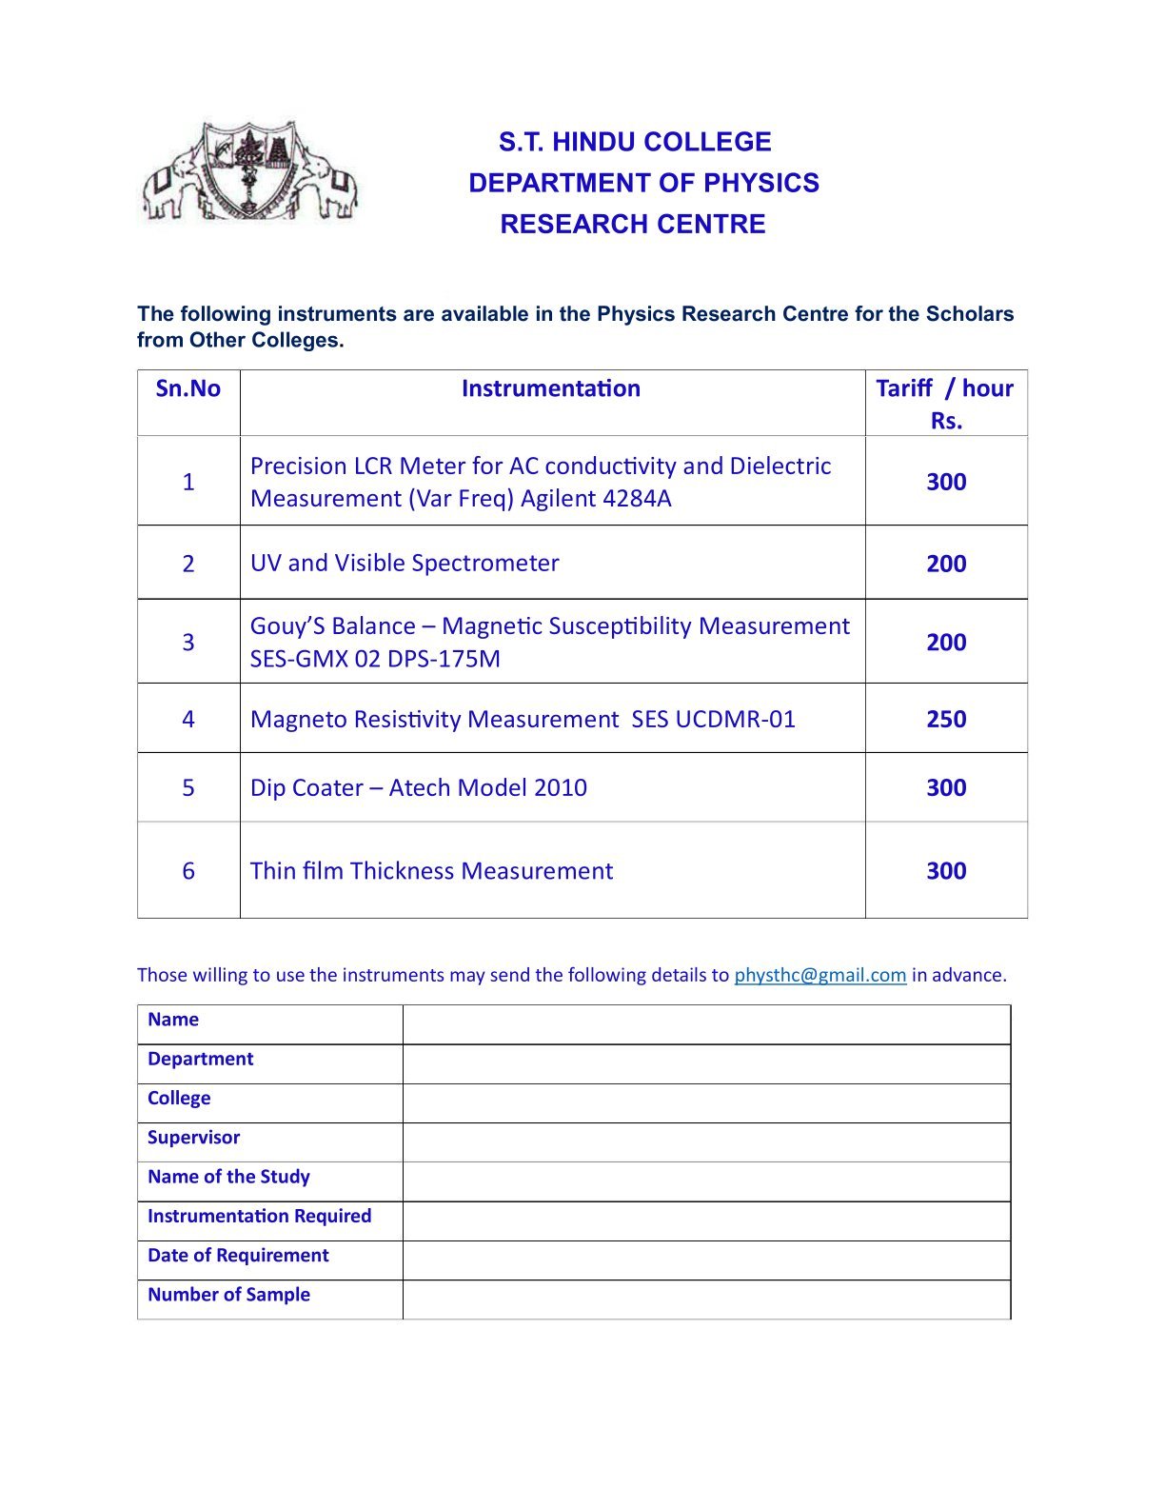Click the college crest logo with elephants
click(x=249, y=172)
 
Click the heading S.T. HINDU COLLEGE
click(x=635, y=142)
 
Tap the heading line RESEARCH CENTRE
click(x=633, y=224)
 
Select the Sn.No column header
click(x=188, y=388)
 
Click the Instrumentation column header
click(x=551, y=388)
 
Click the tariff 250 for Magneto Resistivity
click(x=946, y=719)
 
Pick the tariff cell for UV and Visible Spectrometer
click(x=946, y=564)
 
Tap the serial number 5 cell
click(x=188, y=787)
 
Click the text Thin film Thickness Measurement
click(x=431, y=871)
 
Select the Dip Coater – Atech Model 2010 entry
click(x=419, y=787)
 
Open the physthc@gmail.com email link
click(x=819, y=975)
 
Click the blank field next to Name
click(x=706, y=1024)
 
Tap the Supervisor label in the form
click(x=194, y=1138)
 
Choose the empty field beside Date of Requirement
click(x=706, y=1260)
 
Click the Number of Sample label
click(x=229, y=1295)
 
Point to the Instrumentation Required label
click(x=260, y=1216)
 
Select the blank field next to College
click(x=706, y=1103)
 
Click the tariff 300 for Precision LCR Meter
click(x=946, y=482)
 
